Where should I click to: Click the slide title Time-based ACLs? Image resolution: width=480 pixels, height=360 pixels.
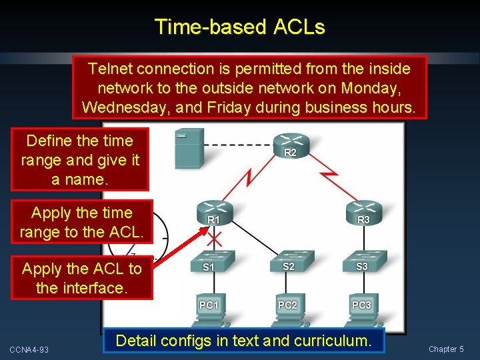click(239, 27)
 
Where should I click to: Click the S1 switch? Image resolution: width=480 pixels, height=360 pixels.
click(209, 261)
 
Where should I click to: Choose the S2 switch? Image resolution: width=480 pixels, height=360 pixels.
click(288, 261)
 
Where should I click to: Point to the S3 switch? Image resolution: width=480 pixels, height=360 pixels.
click(362, 261)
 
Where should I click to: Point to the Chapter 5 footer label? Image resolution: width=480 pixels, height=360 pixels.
click(446, 349)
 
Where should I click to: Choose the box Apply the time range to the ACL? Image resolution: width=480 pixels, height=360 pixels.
click(82, 223)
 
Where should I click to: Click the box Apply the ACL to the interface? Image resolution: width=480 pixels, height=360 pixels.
click(82, 279)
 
